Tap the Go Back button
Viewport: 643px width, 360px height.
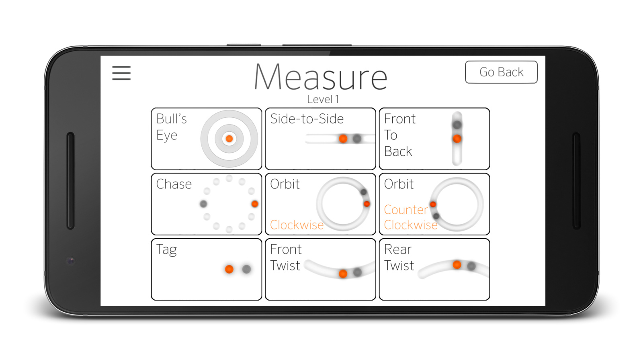pos(501,72)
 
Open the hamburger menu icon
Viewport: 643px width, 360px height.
pos(121,73)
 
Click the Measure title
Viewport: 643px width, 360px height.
pos(321,77)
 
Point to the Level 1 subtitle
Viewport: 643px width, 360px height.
pos(323,99)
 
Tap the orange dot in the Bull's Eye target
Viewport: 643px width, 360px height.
pos(229,139)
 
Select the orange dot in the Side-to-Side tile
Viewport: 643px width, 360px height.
pos(343,139)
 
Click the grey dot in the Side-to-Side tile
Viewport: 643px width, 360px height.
pos(357,139)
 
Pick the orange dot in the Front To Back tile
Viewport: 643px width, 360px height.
pos(457,139)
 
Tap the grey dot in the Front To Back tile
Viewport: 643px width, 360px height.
pos(457,125)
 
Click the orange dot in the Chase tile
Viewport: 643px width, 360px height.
pos(255,204)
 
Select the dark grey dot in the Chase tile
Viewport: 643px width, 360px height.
pos(203,204)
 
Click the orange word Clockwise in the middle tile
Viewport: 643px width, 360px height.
pos(297,225)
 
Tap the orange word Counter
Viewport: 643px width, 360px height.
pos(406,210)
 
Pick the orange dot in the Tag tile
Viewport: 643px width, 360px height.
pos(229,269)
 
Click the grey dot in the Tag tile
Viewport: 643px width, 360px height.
pos(247,269)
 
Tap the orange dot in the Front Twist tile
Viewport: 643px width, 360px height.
pos(343,274)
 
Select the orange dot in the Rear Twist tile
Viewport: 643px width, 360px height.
pos(457,265)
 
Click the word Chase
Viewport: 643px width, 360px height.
pos(174,184)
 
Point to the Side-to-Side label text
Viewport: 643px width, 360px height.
pos(307,119)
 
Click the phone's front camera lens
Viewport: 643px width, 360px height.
pos(71,261)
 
